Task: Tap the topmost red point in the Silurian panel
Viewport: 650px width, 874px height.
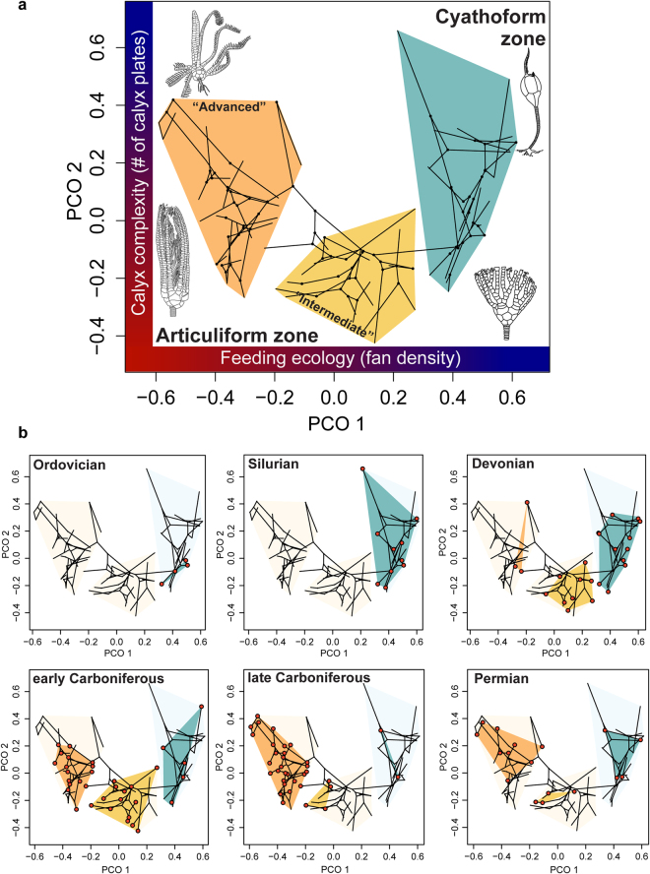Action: point(362,468)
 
